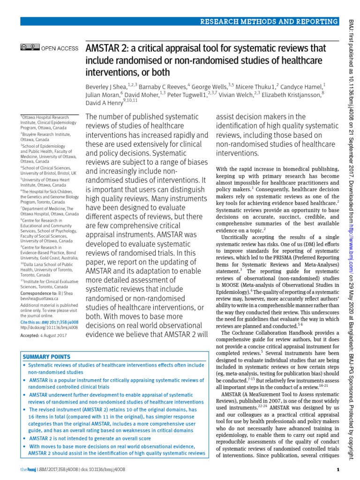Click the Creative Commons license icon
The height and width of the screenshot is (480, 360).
click(x=27, y=47)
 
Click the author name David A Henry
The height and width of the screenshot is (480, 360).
click(x=104, y=103)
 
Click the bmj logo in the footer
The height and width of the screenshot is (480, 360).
click(x=27, y=470)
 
